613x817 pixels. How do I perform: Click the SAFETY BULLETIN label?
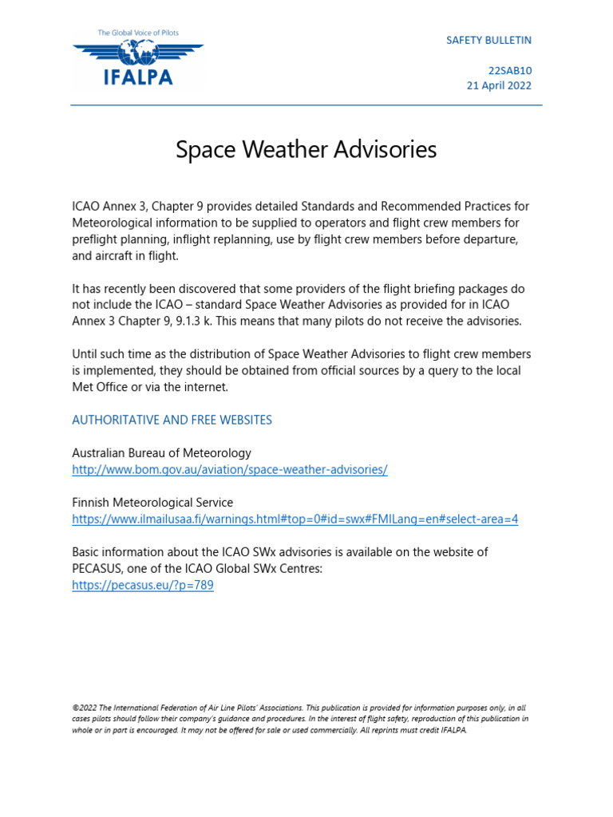pos(488,40)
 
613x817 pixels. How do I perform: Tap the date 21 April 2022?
pos(499,85)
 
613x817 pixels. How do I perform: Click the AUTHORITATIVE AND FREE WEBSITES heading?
pos(172,420)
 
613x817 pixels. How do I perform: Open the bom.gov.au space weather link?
pos(229,470)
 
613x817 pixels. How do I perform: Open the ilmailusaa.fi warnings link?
pos(295,519)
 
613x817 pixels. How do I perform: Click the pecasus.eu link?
pos(142,585)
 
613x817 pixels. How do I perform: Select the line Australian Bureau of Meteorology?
pos(161,453)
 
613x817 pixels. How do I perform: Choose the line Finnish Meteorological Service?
pos(152,503)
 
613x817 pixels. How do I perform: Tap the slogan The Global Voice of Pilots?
pos(137,33)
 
